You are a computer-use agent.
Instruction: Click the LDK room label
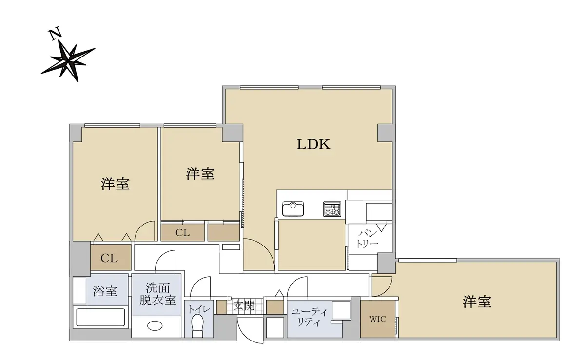(313, 144)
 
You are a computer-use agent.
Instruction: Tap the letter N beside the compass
(55, 34)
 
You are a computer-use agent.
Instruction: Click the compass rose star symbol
(68, 61)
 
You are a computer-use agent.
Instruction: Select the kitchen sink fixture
(293, 209)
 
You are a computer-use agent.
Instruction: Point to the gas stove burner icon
(332, 209)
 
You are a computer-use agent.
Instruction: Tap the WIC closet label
(378, 319)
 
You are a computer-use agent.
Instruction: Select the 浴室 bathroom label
(105, 291)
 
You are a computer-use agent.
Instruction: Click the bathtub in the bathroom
(100, 318)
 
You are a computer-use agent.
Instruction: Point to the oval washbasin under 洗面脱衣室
(155, 325)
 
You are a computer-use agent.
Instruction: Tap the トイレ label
(199, 309)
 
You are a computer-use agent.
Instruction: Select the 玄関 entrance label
(243, 305)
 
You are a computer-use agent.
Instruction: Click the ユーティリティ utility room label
(309, 317)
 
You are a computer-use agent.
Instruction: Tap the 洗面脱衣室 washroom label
(157, 294)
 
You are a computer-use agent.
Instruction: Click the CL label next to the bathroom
(109, 258)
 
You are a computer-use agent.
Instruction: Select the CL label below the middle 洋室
(182, 232)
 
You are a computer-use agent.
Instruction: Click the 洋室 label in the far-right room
(477, 302)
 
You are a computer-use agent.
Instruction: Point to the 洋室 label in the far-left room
(115, 184)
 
